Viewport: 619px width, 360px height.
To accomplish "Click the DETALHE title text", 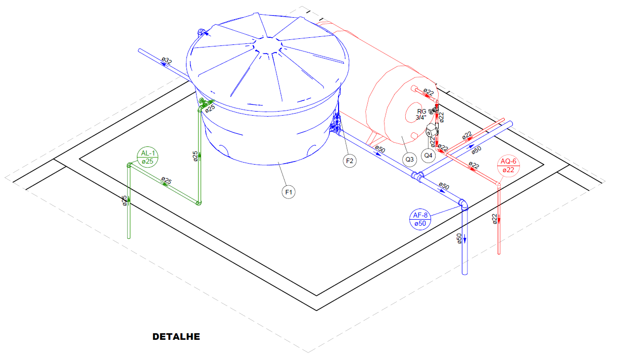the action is (176, 337).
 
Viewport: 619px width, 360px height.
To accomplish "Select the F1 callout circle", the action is (289, 192).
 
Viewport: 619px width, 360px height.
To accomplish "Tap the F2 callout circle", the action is (350, 161).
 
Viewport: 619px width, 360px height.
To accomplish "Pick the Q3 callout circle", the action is (409, 159).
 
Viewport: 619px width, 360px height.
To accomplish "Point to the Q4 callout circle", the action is (428, 156).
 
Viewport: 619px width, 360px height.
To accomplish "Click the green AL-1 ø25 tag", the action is (148, 157).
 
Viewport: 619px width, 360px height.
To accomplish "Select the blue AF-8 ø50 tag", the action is (420, 219).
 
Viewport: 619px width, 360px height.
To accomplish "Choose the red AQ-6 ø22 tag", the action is (508, 166).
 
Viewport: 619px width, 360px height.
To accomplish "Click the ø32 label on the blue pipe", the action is (167, 60).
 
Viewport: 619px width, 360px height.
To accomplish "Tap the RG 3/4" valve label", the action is (421, 114).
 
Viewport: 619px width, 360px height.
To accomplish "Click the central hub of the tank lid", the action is (267, 45).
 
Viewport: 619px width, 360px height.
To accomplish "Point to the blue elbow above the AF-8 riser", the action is (463, 204).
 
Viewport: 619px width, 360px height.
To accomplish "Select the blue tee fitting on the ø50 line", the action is (417, 176).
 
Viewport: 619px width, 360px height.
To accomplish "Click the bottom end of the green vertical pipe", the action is (128, 237).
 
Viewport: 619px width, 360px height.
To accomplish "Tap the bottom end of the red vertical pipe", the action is (499, 253).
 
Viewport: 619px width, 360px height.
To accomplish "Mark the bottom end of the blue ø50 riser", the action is (465, 273).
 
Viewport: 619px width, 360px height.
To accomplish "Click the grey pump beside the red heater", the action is (431, 131).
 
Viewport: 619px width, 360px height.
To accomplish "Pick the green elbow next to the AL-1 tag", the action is (129, 165).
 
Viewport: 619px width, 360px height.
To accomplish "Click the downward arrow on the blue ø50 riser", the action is (465, 239).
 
